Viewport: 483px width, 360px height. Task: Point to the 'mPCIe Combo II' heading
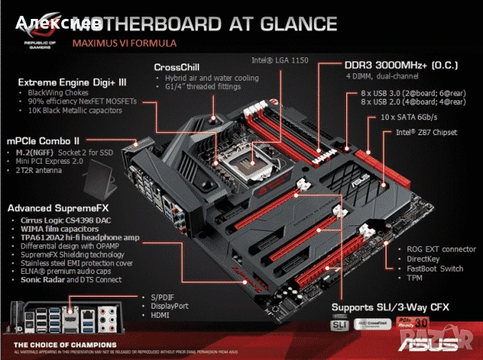44,140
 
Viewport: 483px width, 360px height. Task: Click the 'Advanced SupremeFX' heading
57,208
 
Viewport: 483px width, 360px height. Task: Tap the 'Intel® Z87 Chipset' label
426,132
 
